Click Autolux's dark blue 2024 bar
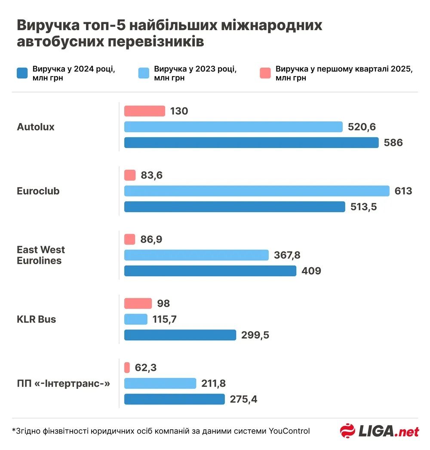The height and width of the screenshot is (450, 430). [x=251, y=142]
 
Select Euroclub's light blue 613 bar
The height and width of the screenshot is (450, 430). [x=257, y=191]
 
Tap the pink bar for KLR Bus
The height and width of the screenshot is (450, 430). [x=138, y=303]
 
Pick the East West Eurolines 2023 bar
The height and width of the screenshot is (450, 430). [x=197, y=255]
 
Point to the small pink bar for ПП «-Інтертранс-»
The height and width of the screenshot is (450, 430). [x=127, y=367]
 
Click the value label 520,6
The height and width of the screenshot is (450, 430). [x=362, y=127]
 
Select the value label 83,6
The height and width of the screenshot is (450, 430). [x=151, y=175]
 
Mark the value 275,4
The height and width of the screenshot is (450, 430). [x=243, y=399]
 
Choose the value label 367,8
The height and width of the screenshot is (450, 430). [x=287, y=255]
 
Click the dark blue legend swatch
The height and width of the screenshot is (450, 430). [x=22, y=73]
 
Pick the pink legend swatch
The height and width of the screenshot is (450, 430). [x=265, y=73]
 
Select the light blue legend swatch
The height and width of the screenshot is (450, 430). [x=144, y=73]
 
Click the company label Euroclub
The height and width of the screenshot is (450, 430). [x=38, y=191]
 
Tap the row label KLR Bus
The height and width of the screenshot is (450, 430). [x=37, y=319]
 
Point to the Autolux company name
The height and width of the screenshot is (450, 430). [x=36, y=127]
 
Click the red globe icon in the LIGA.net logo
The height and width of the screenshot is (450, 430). [x=347, y=431]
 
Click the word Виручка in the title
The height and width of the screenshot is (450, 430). [x=46, y=25]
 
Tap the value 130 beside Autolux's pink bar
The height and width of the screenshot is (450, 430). [x=179, y=111]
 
